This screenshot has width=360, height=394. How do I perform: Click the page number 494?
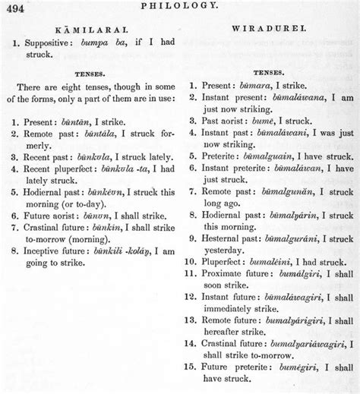point(17,7)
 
